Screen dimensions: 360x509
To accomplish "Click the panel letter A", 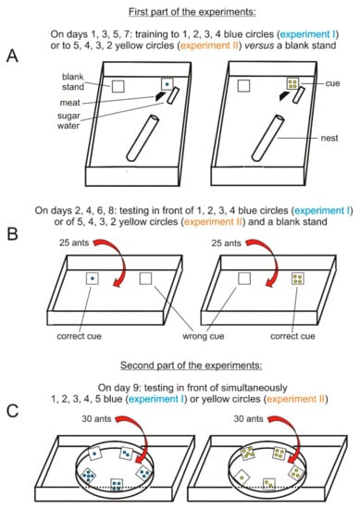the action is [13, 56].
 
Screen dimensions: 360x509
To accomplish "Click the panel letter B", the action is [12, 234].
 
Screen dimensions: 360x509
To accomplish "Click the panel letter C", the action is [12, 411].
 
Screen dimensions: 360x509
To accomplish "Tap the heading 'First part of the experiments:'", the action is [192, 12].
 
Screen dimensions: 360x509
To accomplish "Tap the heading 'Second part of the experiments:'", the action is [192, 366].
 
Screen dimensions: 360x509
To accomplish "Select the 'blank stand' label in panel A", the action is [73, 81].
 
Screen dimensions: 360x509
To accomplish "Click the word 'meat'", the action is [69, 103].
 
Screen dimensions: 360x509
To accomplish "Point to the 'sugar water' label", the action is [68, 120].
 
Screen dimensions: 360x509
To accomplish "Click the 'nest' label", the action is [329, 138].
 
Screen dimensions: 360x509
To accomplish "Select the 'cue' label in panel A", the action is [332, 83].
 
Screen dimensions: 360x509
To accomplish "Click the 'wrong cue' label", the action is [204, 336].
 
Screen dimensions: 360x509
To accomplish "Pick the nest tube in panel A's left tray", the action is [143, 138].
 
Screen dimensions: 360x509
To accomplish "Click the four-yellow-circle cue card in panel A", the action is [292, 83].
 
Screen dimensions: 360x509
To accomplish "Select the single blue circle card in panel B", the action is [93, 279].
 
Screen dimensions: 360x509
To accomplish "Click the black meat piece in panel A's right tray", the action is [284, 95].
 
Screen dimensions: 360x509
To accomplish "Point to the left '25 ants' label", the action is [74, 242].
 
